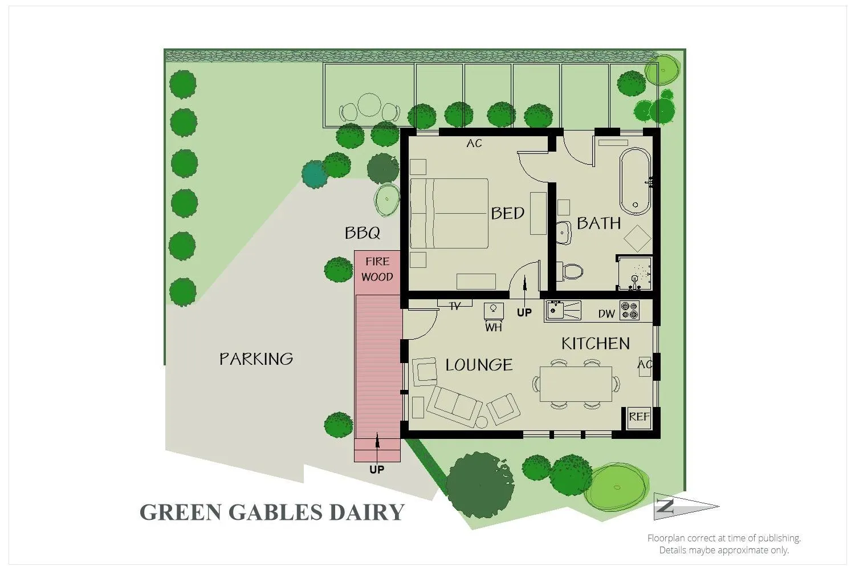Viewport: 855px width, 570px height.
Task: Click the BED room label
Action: pyautogui.click(x=507, y=213)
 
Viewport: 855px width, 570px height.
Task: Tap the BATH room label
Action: pyautogui.click(x=598, y=223)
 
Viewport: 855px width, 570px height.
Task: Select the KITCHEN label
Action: pyautogui.click(x=596, y=343)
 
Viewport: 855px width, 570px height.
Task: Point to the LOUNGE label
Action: pyautogui.click(x=479, y=365)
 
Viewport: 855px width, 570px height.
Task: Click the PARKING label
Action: pyautogui.click(x=256, y=359)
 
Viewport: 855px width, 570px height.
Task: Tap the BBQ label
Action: pyautogui.click(x=363, y=233)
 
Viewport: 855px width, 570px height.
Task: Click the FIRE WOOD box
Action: pyautogui.click(x=377, y=269)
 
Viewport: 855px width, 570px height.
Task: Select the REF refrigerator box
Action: pyautogui.click(x=639, y=417)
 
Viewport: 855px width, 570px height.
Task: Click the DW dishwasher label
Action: pyautogui.click(x=606, y=313)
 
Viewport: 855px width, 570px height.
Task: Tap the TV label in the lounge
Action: pyautogui.click(x=455, y=307)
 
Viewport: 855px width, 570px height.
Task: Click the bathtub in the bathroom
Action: pyautogui.click(x=636, y=181)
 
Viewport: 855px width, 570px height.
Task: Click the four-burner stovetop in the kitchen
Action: pyautogui.click(x=629, y=311)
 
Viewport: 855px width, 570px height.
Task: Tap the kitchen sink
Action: pyautogui.click(x=556, y=311)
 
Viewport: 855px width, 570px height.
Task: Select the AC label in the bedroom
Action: pyautogui.click(x=474, y=144)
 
